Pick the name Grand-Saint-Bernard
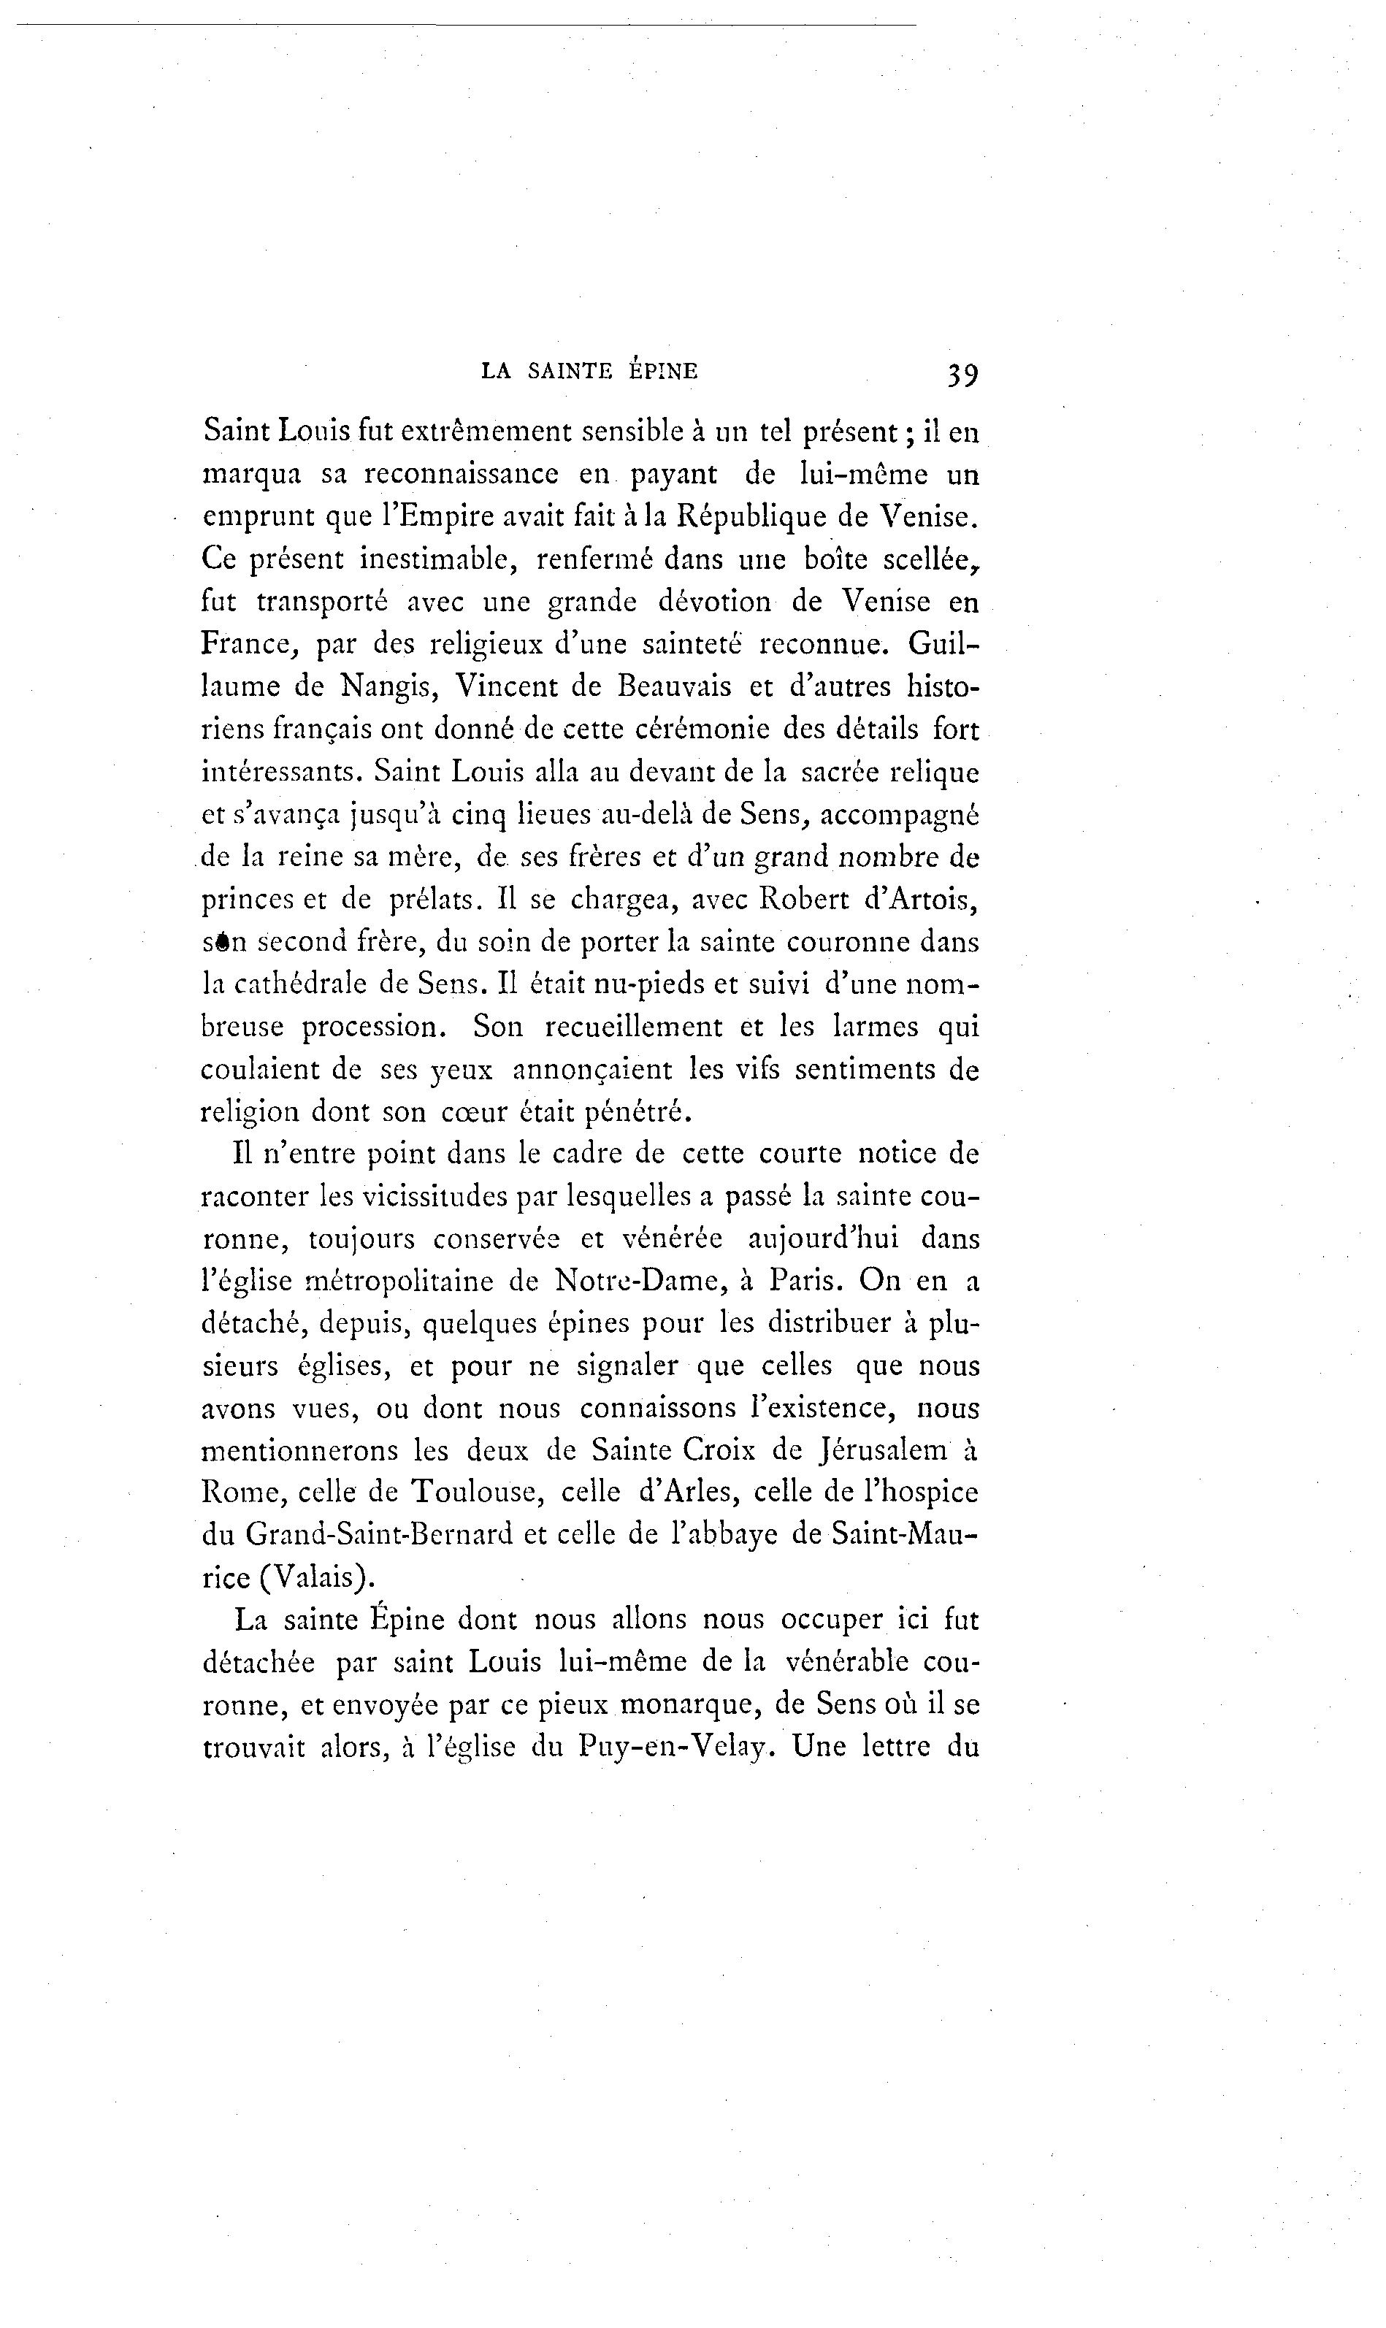coord(379,1536)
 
